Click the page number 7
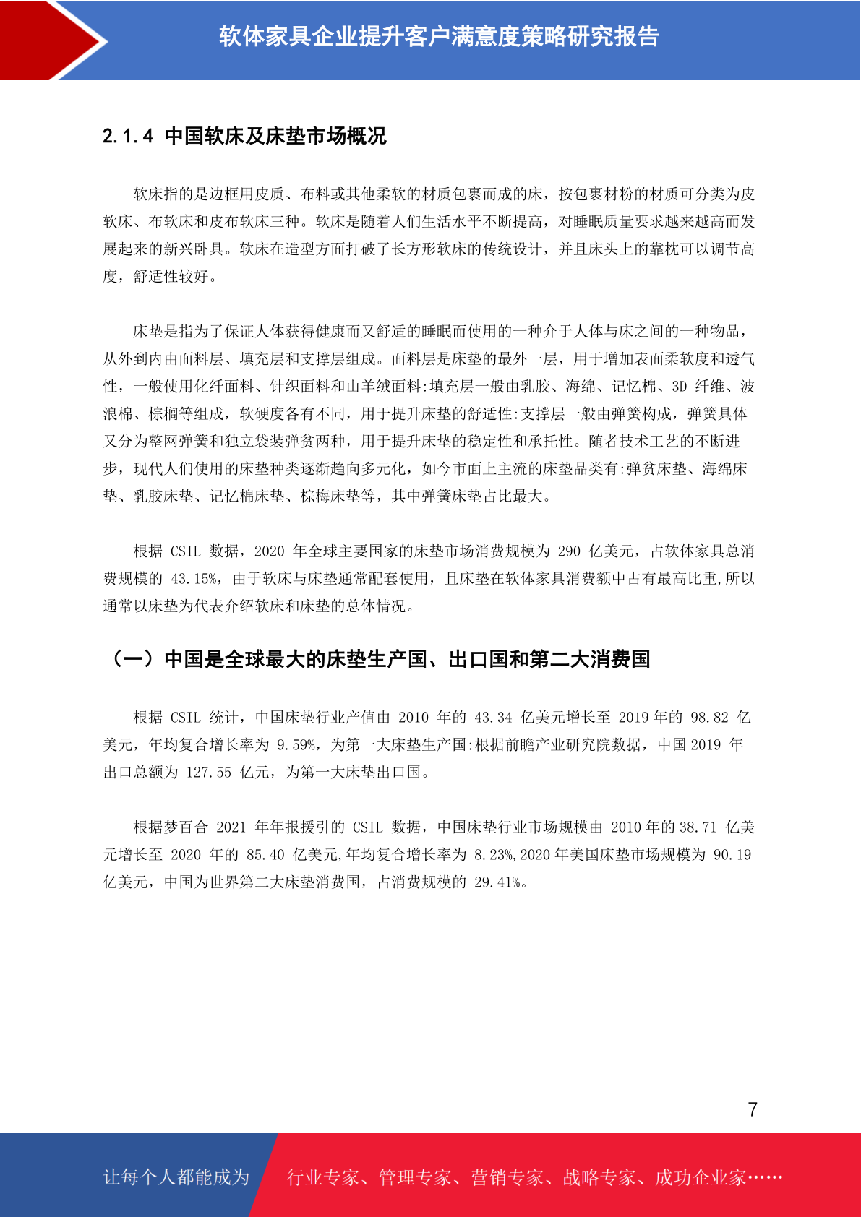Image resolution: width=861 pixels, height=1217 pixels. click(x=753, y=1109)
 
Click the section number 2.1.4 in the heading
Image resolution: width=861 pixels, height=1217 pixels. click(x=128, y=136)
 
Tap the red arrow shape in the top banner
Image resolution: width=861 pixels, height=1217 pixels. click(x=51, y=40)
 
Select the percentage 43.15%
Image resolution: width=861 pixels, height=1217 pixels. click(x=194, y=579)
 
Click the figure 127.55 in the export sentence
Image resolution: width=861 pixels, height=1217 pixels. click(x=208, y=773)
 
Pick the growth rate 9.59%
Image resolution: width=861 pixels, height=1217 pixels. click(x=296, y=745)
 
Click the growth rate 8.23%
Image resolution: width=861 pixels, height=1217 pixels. click(x=494, y=855)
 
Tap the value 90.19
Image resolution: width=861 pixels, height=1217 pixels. click(x=732, y=855)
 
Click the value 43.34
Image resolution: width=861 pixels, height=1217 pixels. click(x=493, y=718)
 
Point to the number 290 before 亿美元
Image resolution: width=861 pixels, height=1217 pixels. click(x=569, y=551)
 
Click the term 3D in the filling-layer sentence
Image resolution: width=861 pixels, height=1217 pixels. click(x=679, y=387)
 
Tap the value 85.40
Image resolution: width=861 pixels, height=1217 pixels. click(x=265, y=855)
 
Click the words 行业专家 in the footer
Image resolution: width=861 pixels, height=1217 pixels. click(x=323, y=1177)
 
